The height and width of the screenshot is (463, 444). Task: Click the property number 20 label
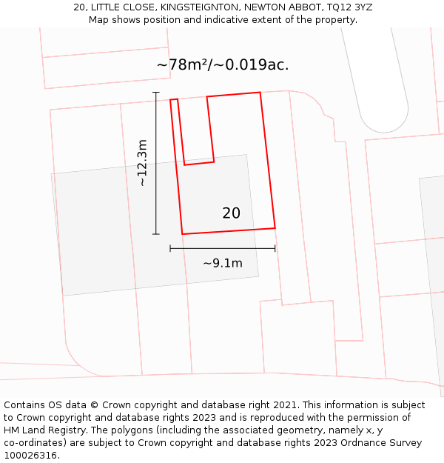coord(231,213)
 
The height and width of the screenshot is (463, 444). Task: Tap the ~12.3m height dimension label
coord(143,163)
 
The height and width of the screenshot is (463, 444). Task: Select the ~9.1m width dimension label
coord(223,263)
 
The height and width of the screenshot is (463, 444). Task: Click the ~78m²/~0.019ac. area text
coord(223,65)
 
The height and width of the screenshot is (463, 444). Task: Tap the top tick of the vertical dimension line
coord(155,93)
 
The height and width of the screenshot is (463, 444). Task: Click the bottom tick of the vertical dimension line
coord(155,234)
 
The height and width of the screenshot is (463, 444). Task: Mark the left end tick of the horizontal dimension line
coord(170,248)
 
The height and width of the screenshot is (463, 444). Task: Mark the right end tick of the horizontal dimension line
coord(275,248)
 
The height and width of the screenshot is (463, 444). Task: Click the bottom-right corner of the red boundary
coord(275,227)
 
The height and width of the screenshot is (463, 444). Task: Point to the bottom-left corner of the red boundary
coord(182,234)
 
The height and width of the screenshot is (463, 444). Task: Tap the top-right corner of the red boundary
coord(260,93)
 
